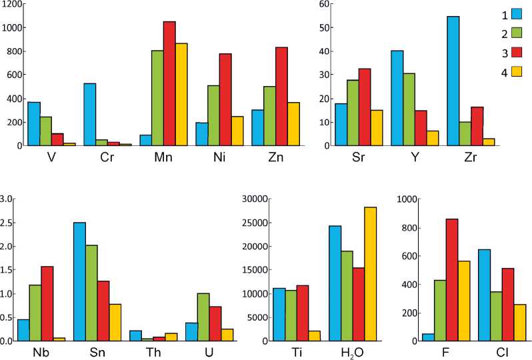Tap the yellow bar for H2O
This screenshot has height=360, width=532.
coord(370,274)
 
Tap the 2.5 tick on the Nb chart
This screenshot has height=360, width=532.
coord(7,223)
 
